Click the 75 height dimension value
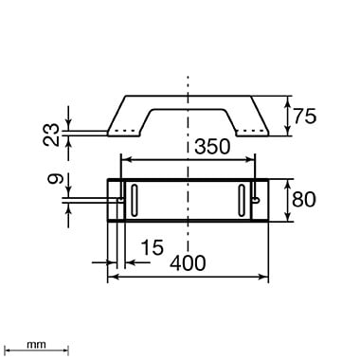305,117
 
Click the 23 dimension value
51,135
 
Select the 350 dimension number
212,147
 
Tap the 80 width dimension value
303,199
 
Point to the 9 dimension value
56,179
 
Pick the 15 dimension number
153,247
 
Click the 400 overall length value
188,263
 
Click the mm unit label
36,345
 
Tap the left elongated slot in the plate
135,201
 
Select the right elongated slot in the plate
242,201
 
